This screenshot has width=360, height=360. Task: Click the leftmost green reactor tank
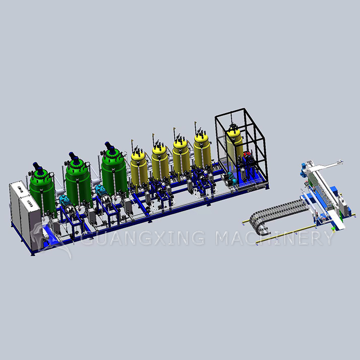point(43,192)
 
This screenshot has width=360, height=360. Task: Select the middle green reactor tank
point(77,181)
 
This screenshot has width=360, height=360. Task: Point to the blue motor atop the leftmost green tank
point(38,166)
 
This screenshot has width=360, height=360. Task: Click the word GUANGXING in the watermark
point(144,238)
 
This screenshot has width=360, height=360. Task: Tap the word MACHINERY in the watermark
point(274,238)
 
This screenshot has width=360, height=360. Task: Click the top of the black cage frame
point(240,111)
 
